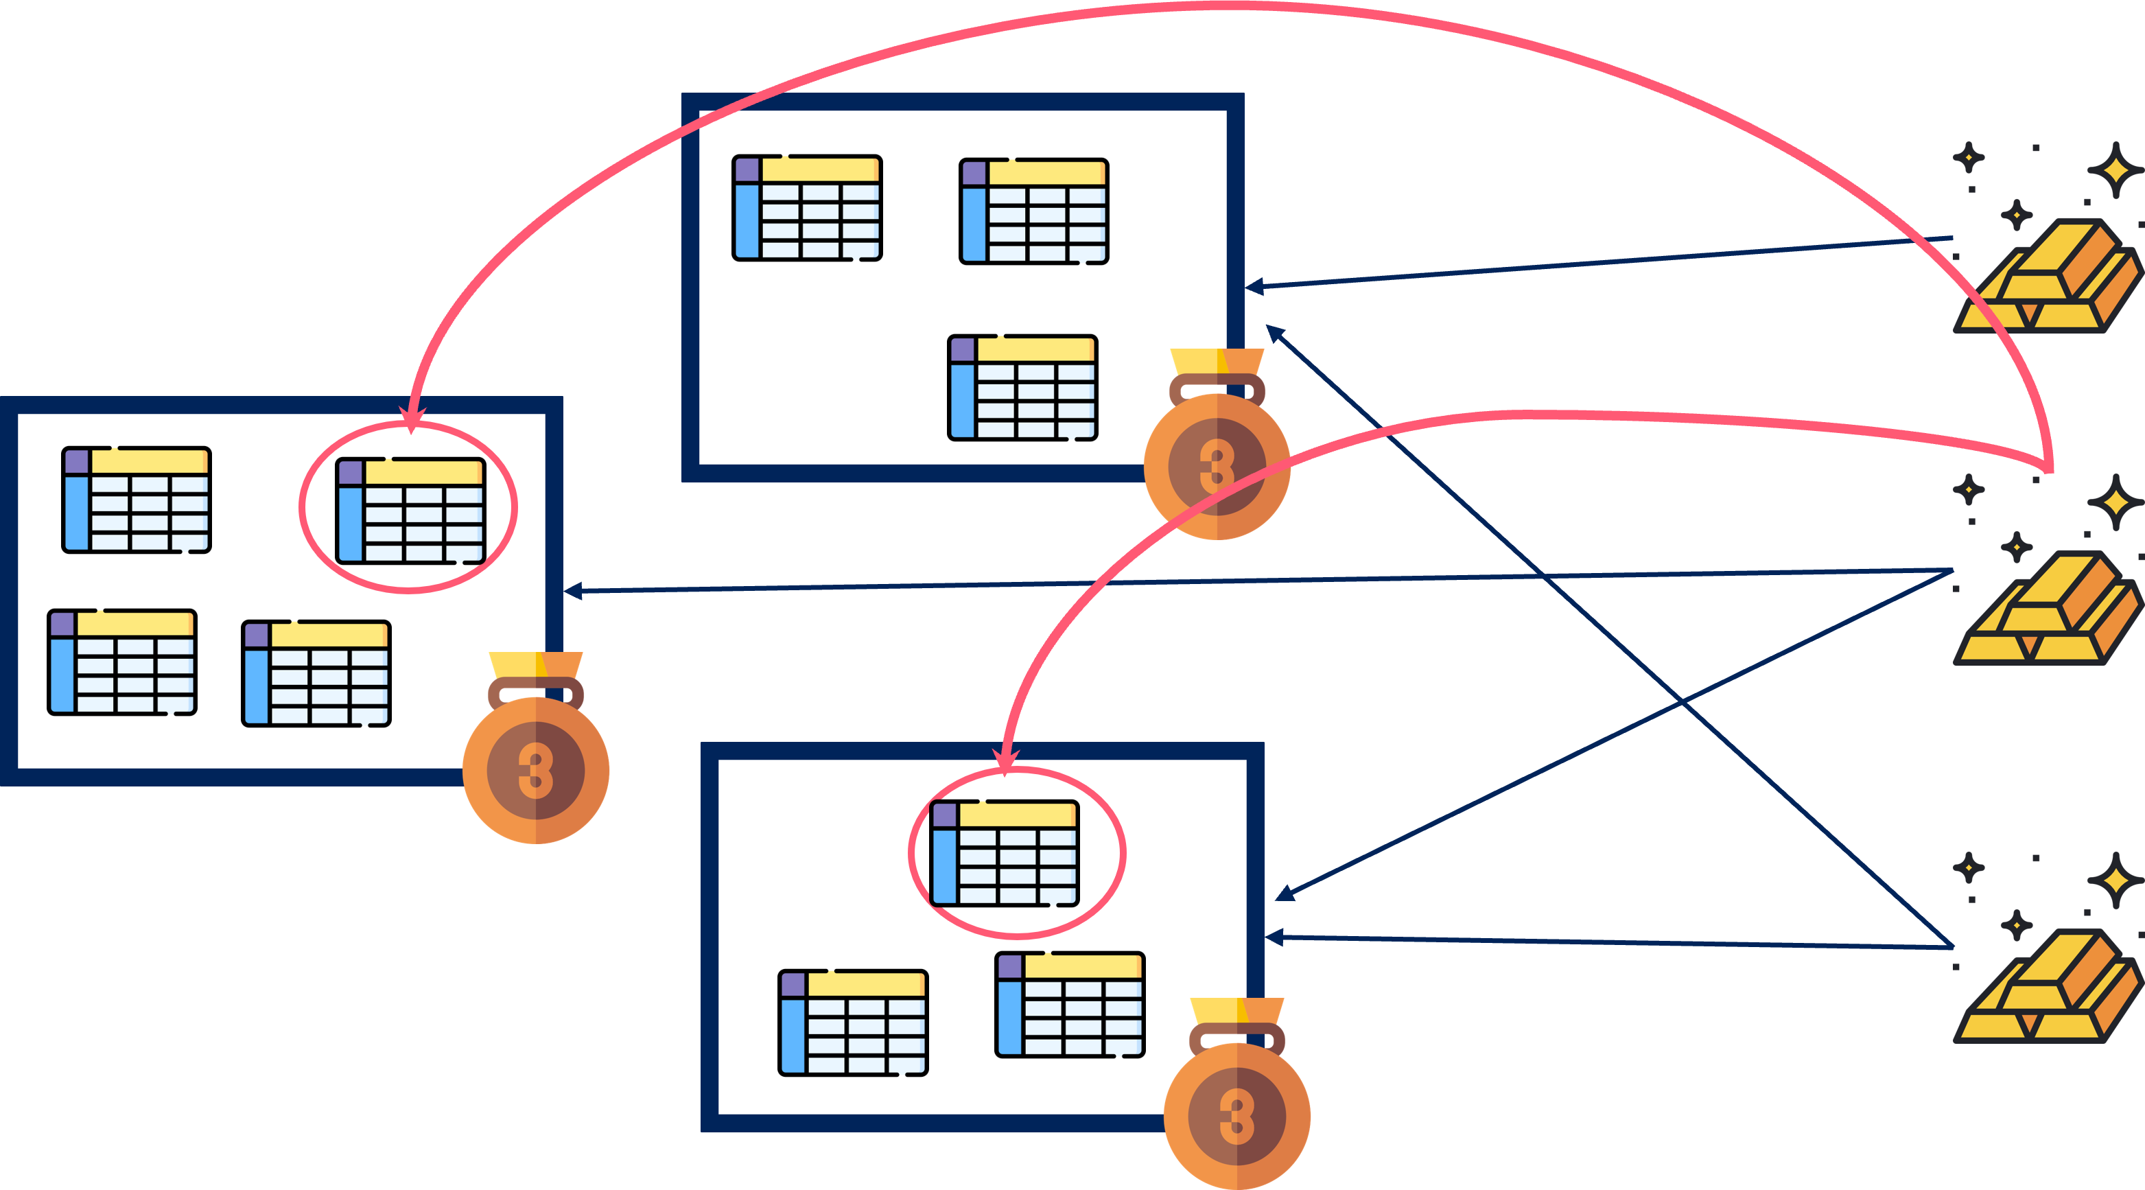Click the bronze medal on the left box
pos(535,768)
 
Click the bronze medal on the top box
pos(1217,465)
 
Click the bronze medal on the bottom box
pos(1236,1113)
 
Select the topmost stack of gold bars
pos(2047,277)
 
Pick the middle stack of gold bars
pos(2047,609)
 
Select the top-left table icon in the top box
pos(807,208)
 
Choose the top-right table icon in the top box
pos(1033,211)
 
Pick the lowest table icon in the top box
pos(1022,387)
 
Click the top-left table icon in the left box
pos(137,500)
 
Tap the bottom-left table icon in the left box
pos(121,663)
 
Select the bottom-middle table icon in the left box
pos(316,673)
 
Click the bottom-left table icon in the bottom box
pos(853,1022)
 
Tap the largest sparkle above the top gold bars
pos(2115,171)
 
